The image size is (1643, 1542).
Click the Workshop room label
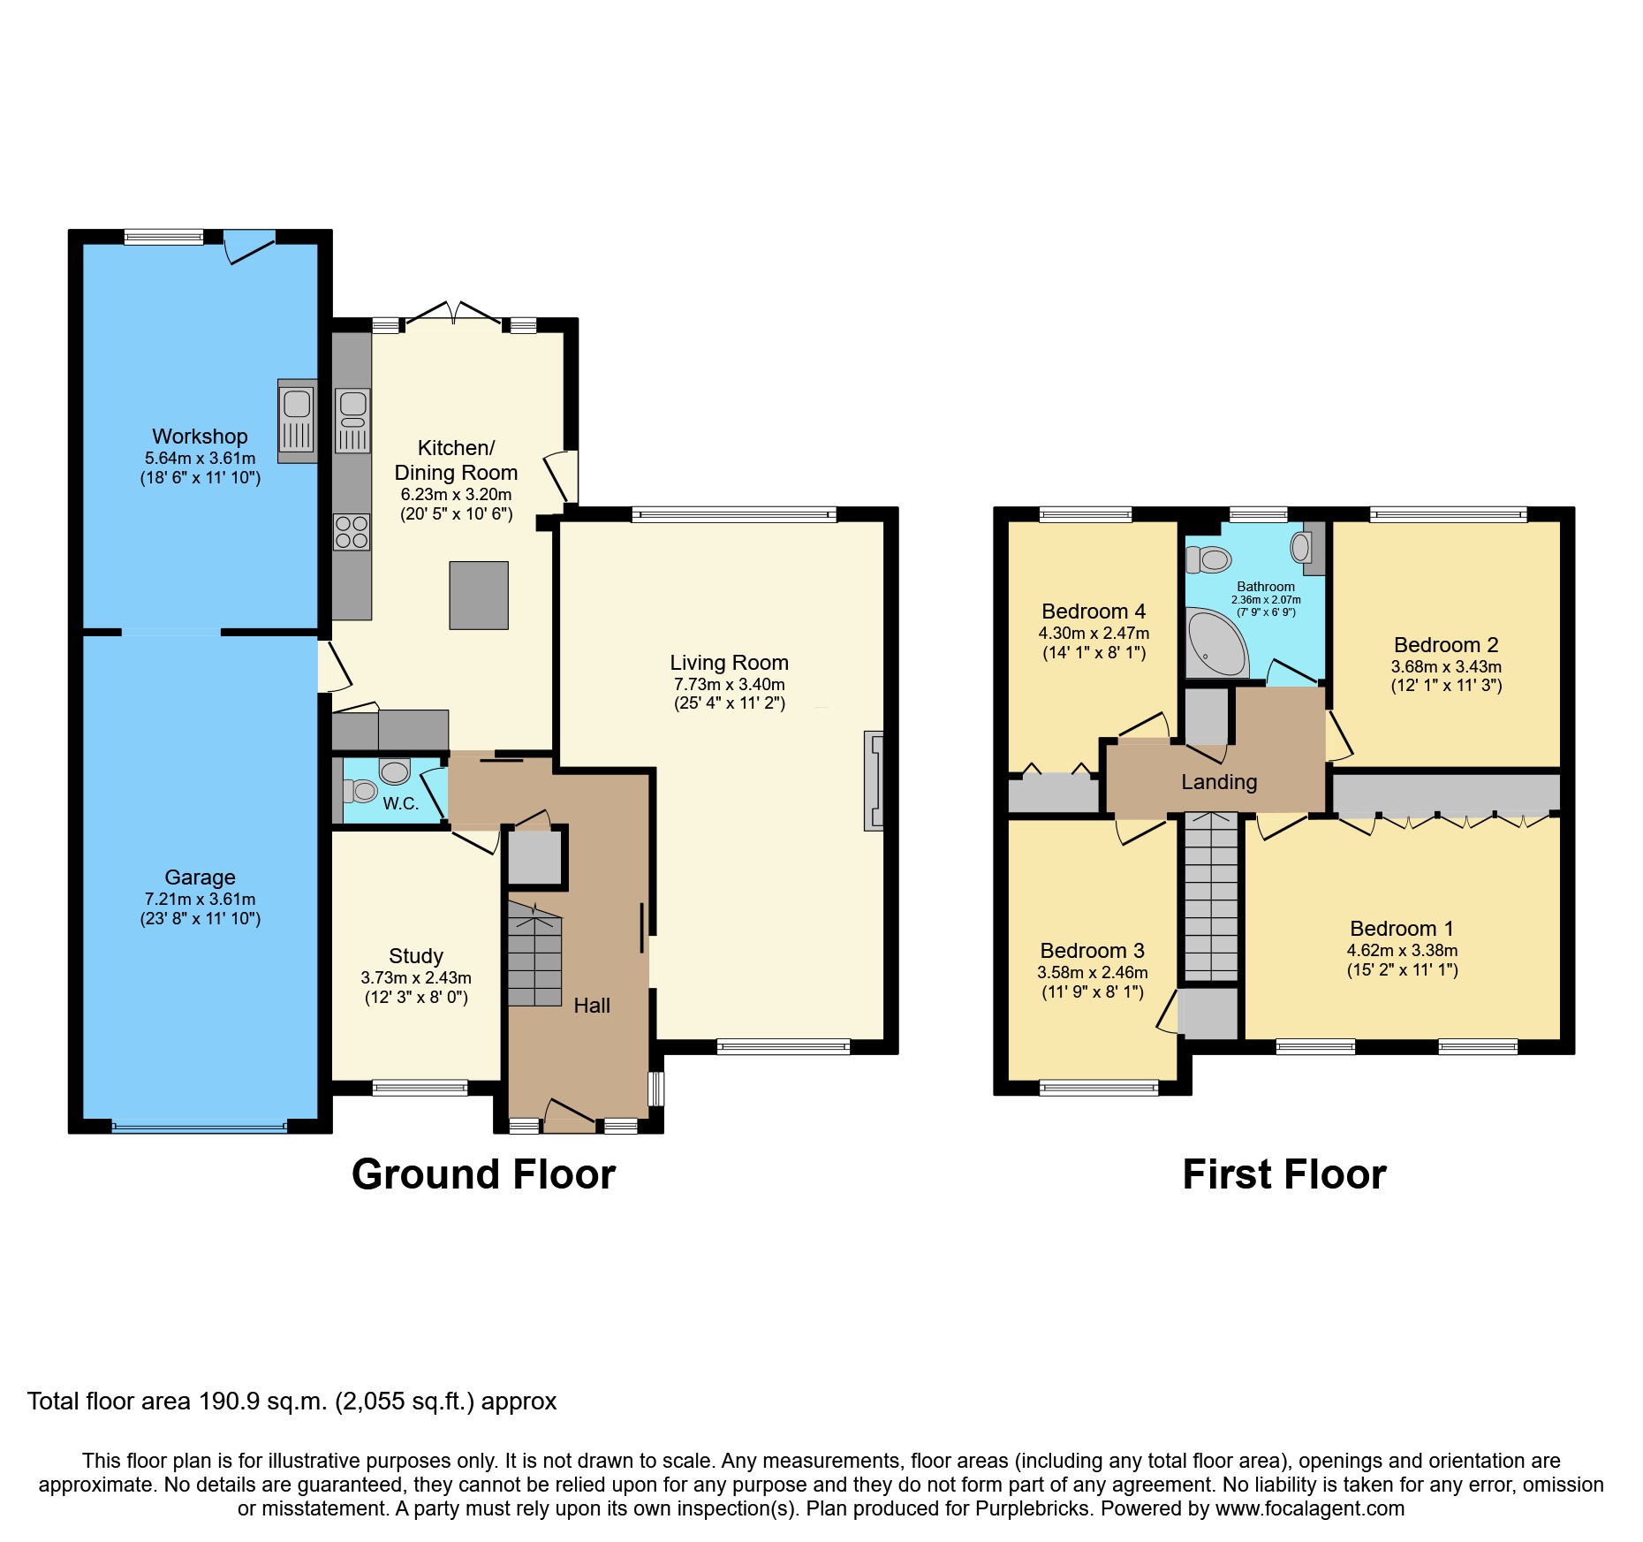pos(200,437)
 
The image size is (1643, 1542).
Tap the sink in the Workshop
pos(297,421)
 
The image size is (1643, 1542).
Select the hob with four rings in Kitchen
pos(352,532)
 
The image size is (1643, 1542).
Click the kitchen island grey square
pos(479,595)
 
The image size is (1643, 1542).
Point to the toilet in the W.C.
pos(360,790)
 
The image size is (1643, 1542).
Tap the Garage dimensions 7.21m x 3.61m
pos(200,900)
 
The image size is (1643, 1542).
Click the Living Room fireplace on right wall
pos(874,780)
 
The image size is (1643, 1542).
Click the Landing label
pos(1219,782)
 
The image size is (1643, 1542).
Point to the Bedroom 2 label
pos(1446,645)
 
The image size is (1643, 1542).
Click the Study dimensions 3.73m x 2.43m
pos(416,978)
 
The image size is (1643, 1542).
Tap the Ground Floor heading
pos(483,1174)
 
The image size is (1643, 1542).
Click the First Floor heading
pos(1284,1174)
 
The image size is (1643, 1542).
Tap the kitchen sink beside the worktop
pos(352,421)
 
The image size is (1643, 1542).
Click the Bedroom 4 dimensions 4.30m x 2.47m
pos(1094,634)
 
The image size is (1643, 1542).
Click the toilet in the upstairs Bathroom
pos(1209,559)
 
